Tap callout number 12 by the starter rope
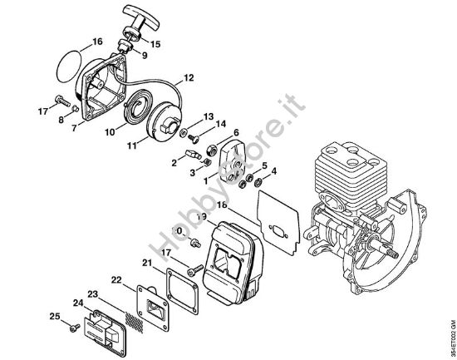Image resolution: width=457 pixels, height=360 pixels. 189,77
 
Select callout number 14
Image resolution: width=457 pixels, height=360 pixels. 221,125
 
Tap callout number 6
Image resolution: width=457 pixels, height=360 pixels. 236,133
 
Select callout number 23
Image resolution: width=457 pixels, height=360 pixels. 93,293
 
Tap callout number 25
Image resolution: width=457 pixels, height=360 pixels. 54,316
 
